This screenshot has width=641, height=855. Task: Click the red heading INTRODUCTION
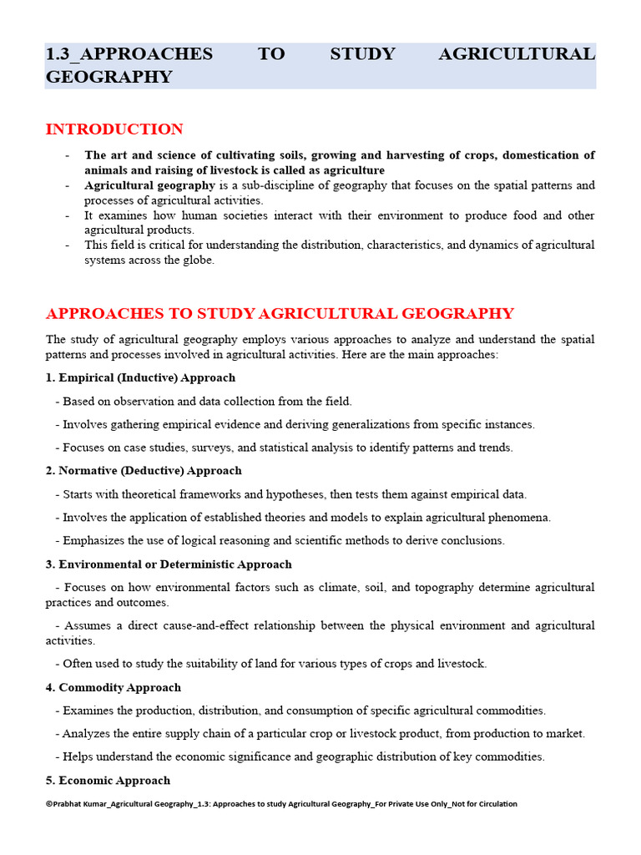tap(114, 129)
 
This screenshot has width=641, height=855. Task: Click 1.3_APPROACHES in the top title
tap(129, 54)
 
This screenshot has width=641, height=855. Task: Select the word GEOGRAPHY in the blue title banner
tap(109, 77)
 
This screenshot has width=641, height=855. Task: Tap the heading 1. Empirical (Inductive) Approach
tap(140, 377)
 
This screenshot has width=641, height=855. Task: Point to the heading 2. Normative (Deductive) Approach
tap(144, 471)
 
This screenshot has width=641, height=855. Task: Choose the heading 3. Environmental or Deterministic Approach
tap(169, 564)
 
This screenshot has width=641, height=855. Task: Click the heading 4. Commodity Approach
tap(114, 687)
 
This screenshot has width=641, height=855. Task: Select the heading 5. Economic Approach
tap(108, 781)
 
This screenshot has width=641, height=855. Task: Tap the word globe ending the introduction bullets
tap(197, 260)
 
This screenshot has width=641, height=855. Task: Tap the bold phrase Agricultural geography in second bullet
tap(138, 185)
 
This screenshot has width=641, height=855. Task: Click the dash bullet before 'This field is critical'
tap(67, 245)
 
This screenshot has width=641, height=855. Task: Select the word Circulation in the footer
tap(494, 804)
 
